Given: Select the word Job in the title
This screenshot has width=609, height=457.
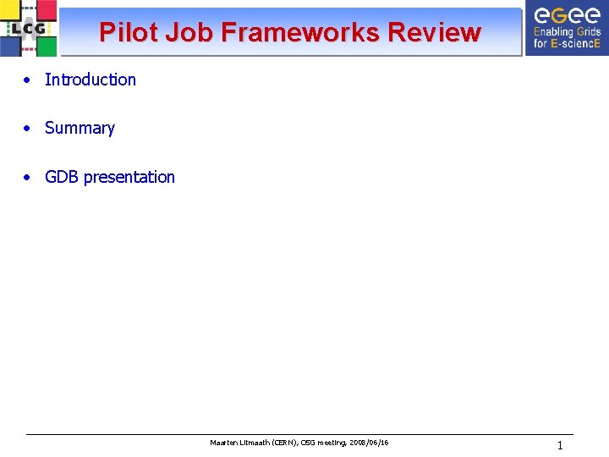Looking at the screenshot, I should point(190,32).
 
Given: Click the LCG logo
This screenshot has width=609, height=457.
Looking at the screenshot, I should point(29,28).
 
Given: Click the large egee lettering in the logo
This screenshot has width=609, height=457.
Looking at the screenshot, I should point(566,14).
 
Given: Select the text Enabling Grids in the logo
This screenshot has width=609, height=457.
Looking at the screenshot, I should point(566,32).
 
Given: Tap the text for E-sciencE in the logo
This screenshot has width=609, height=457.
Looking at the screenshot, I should point(566,43).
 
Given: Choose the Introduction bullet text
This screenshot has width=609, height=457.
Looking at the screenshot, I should point(90,80).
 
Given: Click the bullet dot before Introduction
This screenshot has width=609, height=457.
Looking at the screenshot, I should point(28,80).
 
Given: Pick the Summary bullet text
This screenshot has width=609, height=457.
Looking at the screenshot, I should point(80,128).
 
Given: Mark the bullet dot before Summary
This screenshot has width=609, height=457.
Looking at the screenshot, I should point(28,129).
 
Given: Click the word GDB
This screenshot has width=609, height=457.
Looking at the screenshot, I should point(62,177).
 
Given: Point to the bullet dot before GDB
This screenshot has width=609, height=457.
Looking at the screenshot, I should point(28,178).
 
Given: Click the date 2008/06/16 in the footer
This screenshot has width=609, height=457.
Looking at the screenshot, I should point(368,443).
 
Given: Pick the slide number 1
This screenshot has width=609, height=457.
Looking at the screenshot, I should point(559,445).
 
